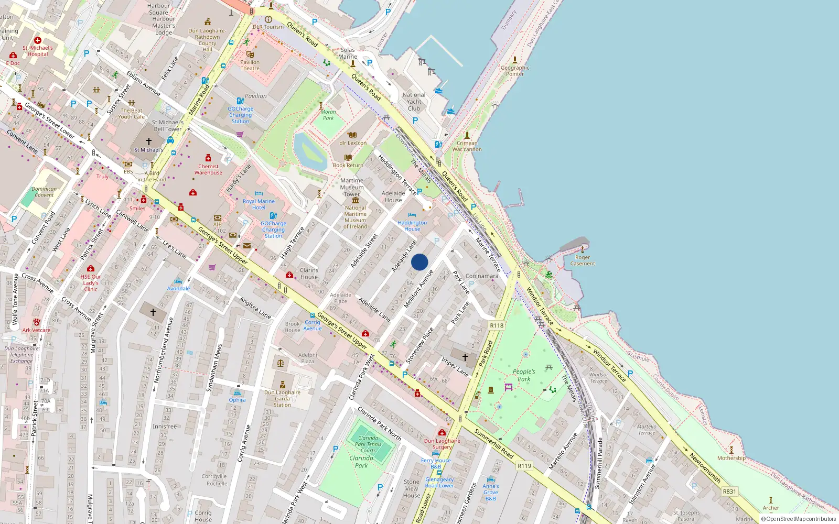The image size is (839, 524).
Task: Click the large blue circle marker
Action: (x=419, y=262)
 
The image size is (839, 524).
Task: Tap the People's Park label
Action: (x=524, y=375)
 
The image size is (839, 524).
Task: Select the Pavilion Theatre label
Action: (x=250, y=65)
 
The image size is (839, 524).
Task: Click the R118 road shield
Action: (x=497, y=325)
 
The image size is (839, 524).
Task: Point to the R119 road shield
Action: (x=524, y=466)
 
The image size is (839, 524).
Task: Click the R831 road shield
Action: (x=729, y=492)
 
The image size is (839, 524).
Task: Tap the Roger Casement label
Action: (x=582, y=260)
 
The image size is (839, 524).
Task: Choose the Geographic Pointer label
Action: (x=515, y=71)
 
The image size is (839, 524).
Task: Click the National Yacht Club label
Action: (x=414, y=102)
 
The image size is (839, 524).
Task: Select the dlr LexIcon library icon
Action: (x=352, y=135)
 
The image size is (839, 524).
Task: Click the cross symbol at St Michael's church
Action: (x=149, y=141)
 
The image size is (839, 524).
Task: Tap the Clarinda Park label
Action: (x=361, y=462)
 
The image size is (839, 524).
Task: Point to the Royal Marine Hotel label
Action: (x=259, y=204)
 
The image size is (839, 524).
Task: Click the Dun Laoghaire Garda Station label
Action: (x=282, y=398)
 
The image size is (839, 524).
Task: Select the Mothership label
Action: (x=732, y=458)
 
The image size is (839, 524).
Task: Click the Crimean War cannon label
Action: (x=467, y=146)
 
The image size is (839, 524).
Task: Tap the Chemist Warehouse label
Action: (x=208, y=169)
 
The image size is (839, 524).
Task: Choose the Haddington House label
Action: (x=412, y=226)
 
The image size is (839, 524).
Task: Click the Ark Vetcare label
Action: (x=36, y=330)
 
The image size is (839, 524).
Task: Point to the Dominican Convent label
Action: (x=44, y=192)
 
